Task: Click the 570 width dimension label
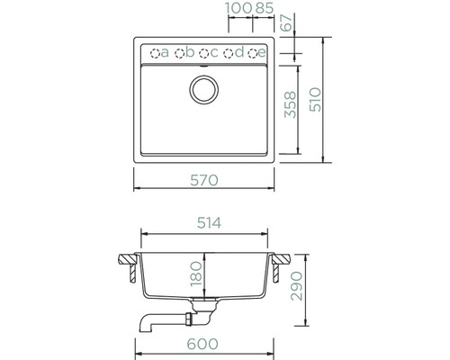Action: click(204, 180)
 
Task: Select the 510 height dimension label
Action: click(315, 100)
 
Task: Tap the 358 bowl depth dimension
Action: click(291, 104)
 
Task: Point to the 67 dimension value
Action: click(287, 22)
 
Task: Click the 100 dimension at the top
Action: click(238, 8)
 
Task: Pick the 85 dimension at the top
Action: click(265, 8)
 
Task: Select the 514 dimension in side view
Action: click(209, 223)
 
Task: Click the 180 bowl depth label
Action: click(196, 274)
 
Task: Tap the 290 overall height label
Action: click(297, 286)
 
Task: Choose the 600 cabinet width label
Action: click(202, 344)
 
